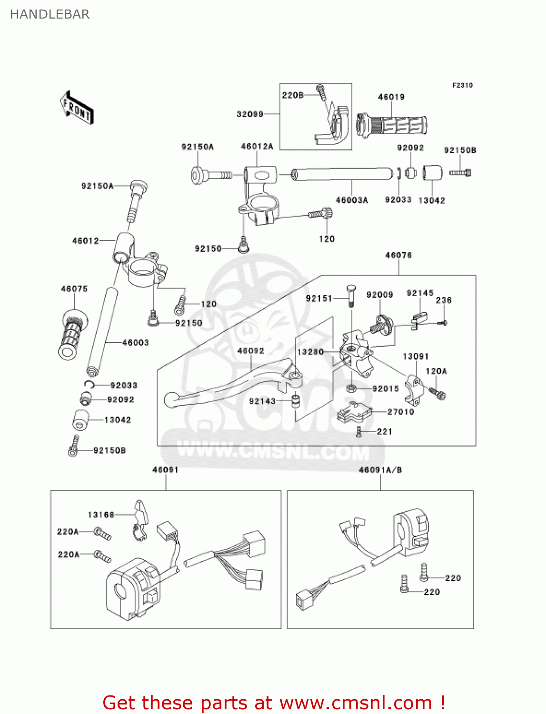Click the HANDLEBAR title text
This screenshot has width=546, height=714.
pos(50,14)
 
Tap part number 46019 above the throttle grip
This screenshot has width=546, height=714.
pos(391,97)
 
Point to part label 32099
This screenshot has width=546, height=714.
pos(250,114)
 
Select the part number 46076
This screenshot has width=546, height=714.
pos(398,255)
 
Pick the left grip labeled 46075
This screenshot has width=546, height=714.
pos(71,333)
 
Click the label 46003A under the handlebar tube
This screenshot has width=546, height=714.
pos(352,200)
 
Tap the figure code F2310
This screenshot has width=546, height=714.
pos(462,85)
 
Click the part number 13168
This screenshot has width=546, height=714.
pos(101,515)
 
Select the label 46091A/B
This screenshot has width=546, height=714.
pos(380,470)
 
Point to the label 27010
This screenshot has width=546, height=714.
pos(401,412)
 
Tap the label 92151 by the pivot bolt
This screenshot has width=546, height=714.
pos(319,298)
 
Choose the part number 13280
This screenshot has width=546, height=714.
pos(310,352)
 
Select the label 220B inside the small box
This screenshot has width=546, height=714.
pos(292,95)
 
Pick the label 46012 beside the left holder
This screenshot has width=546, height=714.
pos(85,241)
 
